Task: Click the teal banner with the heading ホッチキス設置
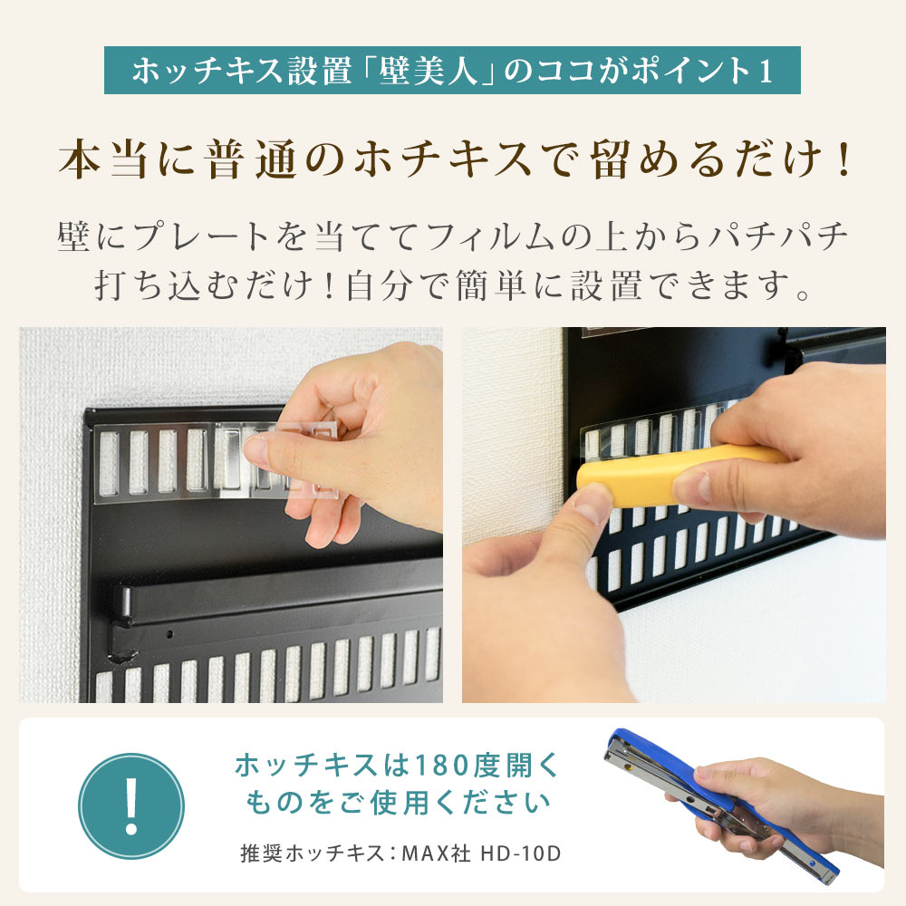pyautogui.click(x=452, y=72)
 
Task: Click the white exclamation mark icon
pyautogui.click(x=131, y=805)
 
